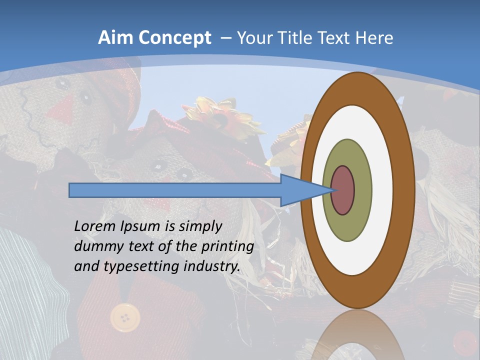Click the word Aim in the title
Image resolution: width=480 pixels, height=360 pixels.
(115, 38)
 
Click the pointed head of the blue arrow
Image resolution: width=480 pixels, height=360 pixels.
(305, 190)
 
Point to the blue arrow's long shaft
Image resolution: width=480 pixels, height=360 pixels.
(175, 190)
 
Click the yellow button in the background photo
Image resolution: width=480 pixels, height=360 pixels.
(124, 317)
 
